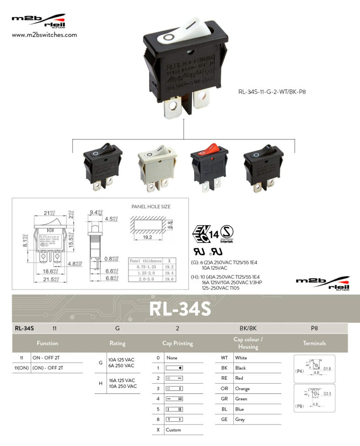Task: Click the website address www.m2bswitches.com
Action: (x=44, y=35)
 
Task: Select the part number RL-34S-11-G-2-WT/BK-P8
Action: (x=276, y=92)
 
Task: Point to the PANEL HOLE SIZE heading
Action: (x=151, y=206)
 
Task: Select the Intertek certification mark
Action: (x=226, y=233)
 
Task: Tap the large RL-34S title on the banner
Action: (x=180, y=308)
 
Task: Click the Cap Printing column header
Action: (x=178, y=343)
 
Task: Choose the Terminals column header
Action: (x=314, y=343)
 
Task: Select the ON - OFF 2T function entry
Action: (x=48, y=358)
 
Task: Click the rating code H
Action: (x=101, y=383)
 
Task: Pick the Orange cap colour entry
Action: (x=242, y=389)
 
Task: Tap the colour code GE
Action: (x=224, y=419)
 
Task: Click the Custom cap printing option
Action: (x=173, y=430)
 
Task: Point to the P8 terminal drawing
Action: (x=314, y=398)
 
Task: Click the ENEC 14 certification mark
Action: (x=205, y=233)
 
